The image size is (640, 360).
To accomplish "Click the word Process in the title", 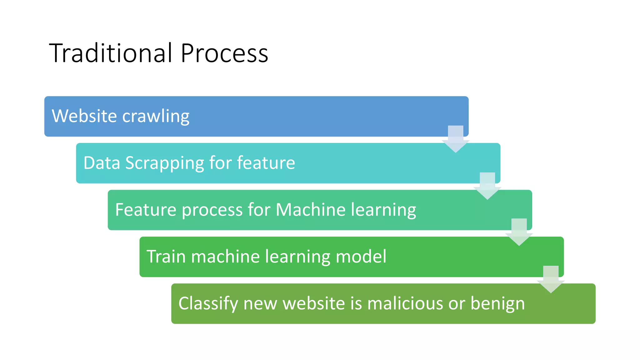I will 224,53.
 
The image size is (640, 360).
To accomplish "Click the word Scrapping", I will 164,163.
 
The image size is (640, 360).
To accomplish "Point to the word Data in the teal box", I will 102,163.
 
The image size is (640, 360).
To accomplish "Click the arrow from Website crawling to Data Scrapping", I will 456,139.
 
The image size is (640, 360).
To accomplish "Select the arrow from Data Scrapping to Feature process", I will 487,186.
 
